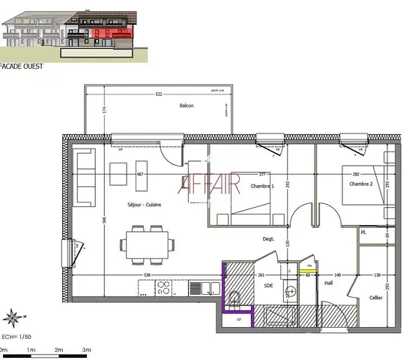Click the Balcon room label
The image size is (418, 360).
[x=187, y=106]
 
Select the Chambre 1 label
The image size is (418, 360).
[x=262, y=186]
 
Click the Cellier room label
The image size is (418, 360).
[x=375, y=298]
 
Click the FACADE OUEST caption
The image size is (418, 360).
[x=22, y=66]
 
